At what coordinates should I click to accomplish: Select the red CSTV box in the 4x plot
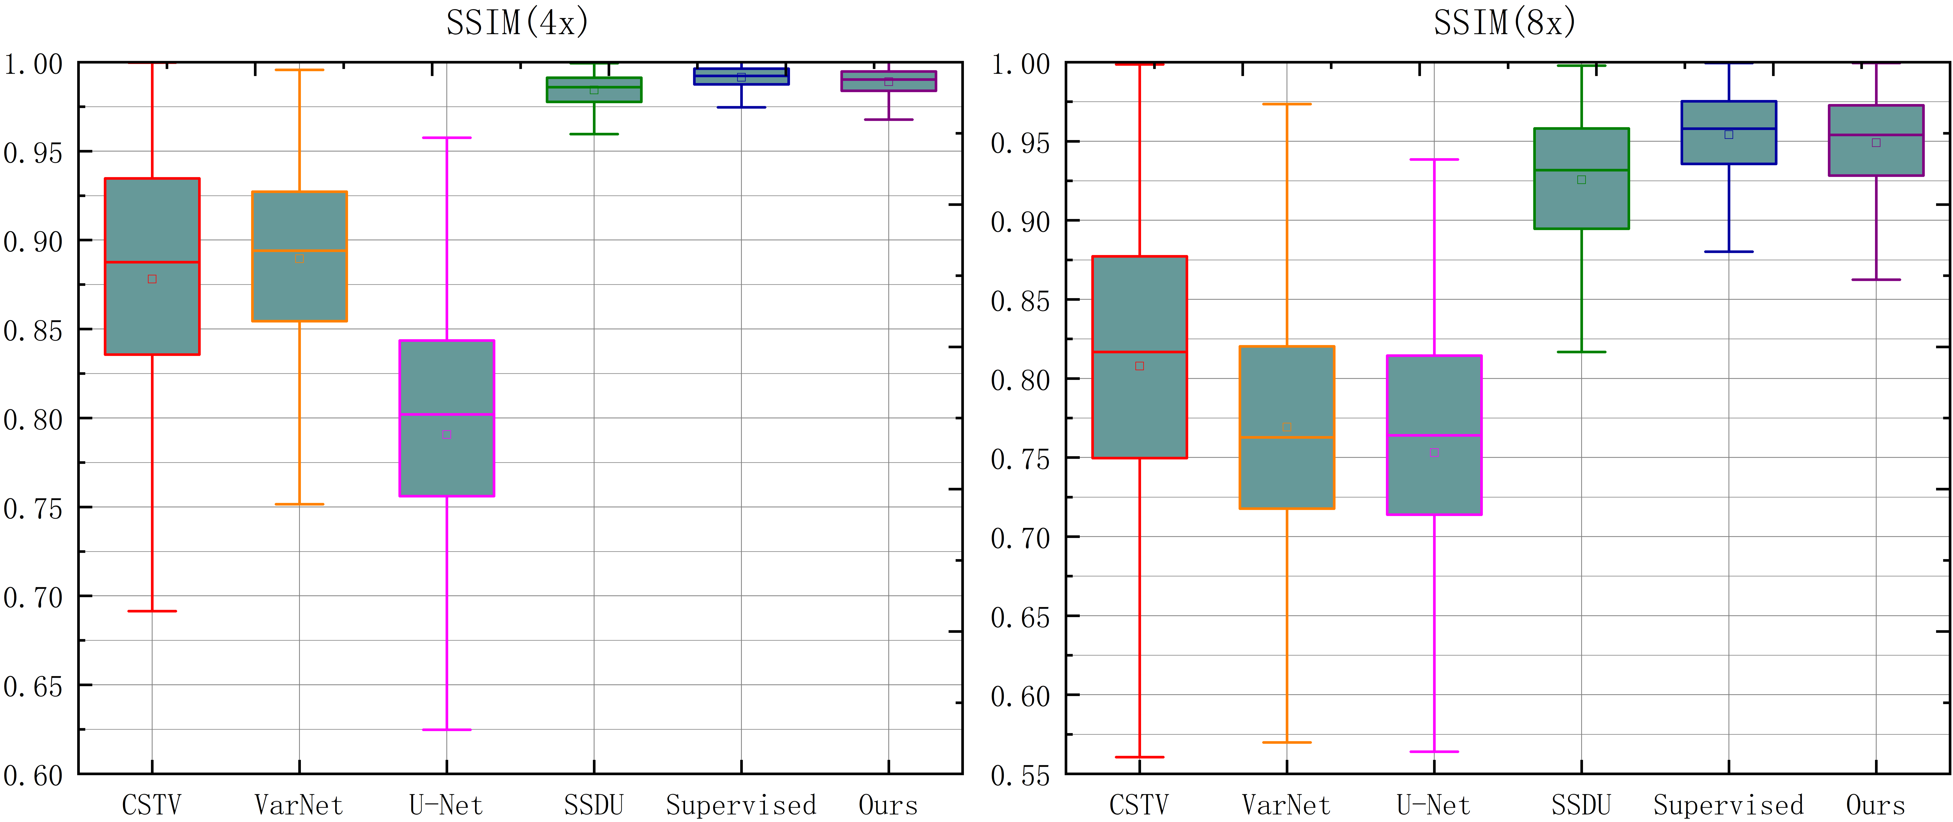152,227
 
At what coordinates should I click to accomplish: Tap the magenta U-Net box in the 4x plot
447,379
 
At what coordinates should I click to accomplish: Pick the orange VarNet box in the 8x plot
1287,470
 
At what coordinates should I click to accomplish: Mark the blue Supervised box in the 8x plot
1728,148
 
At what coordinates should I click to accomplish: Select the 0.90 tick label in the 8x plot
1021,222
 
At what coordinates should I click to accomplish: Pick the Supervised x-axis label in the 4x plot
741,804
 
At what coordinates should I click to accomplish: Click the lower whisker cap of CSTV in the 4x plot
152,611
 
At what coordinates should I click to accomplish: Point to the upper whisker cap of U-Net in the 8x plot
1434,159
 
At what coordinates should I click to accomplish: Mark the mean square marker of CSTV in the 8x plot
1139,366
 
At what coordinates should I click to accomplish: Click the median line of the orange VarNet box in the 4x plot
299,250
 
